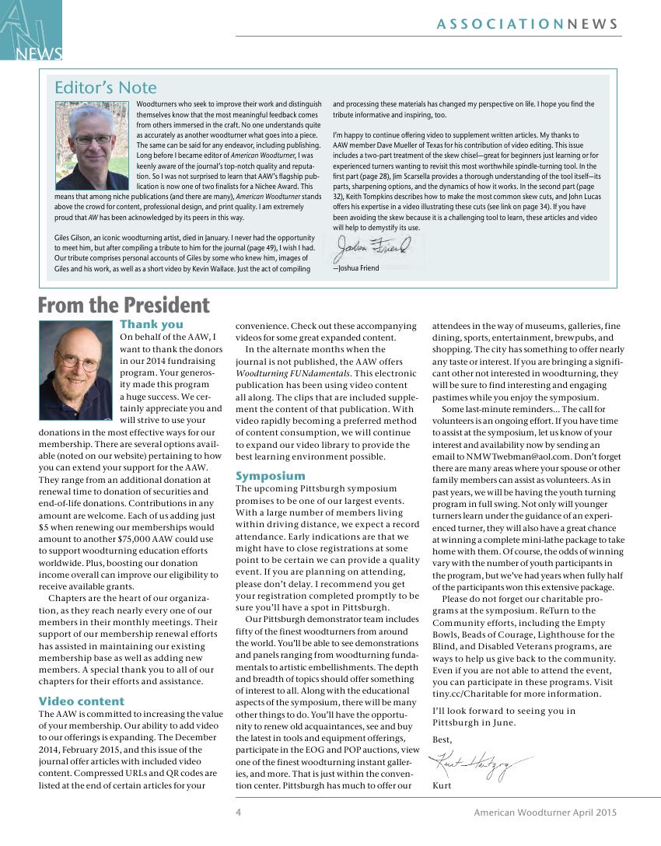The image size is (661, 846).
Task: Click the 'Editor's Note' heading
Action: click(x=105, y=87)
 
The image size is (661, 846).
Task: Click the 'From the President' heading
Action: click(x=124, y=305)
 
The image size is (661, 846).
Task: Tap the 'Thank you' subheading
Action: click(x=152, y=324)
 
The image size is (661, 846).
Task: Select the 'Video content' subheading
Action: click(x=82, y=701)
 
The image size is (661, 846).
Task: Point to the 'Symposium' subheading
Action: click(x=271, y=475)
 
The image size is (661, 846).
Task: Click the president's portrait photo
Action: click(x=76, y=364)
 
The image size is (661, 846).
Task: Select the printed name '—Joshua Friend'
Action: click(x=356, y=268)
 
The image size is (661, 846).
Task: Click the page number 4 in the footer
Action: click(x=239, y=813)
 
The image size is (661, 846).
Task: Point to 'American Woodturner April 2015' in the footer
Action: click(x=545, y=813)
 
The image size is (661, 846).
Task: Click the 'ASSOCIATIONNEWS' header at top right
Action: click(x=528, y=24)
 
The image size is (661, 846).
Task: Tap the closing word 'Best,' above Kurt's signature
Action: click(x=442, y=739)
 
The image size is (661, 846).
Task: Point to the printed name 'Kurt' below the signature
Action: click(x=442, y=785)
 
